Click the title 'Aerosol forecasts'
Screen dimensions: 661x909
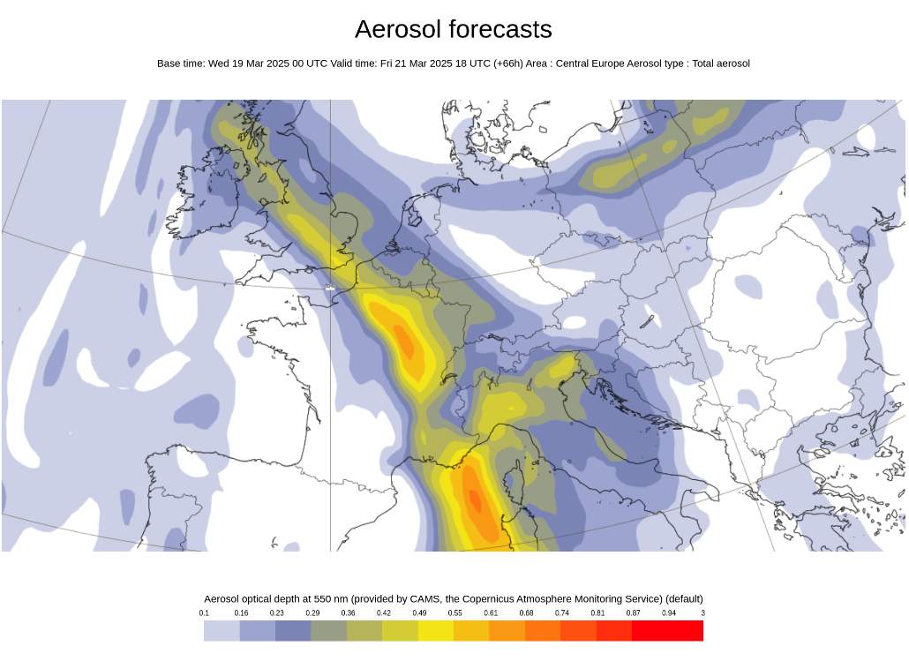point(453,29)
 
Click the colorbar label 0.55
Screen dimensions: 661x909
point(454,612)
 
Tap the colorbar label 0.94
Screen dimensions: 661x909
point(668,612)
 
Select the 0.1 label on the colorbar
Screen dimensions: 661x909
point(204,612)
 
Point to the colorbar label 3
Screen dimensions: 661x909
point(702,612)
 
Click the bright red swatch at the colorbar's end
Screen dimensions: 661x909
point(686,630)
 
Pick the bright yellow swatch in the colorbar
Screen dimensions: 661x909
point(436,630)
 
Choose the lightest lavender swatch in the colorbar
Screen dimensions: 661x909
point(222,630)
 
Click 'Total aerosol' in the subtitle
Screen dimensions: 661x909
point(721,64)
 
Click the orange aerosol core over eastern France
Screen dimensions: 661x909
point(406,342)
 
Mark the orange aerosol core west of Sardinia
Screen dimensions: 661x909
point(475,500)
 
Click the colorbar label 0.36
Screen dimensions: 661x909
point(348,612)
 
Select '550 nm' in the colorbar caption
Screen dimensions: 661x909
point(328,598)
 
